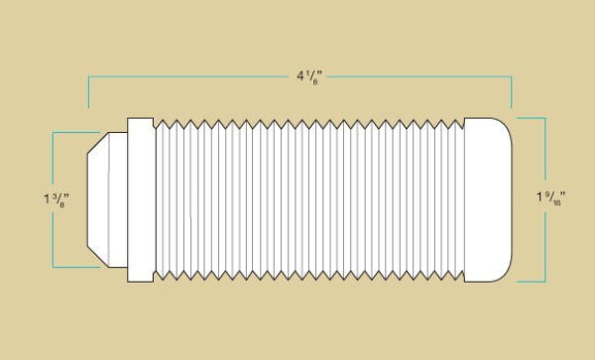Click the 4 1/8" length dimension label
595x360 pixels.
pos(309,76)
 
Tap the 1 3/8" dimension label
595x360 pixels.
pos(57,200)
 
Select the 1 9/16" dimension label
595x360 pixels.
pos(550,197)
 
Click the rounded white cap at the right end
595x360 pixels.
pos(488,200)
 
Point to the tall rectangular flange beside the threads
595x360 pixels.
pos(141,200)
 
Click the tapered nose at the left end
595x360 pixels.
pos(107,200)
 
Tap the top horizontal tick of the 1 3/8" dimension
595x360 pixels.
pos(76,132)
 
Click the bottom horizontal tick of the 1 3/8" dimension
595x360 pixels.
pos(76,267)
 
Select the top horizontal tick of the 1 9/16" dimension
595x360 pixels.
pos(532,118)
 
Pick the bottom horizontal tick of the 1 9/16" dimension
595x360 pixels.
pos(532,282)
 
